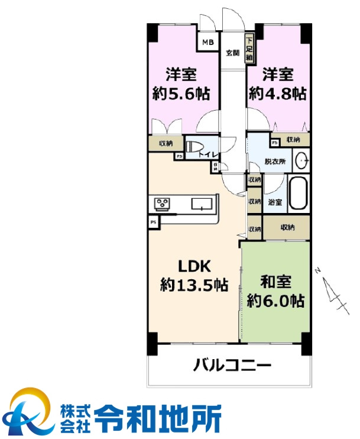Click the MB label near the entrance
tap(207, 42)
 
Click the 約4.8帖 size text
tap(277, 94)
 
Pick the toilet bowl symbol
tap(194, 146)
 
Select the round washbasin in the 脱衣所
tap(301, 160)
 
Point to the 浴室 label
tap(275, 202)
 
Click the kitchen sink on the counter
tap(202, 204)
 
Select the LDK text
tap(192, 265)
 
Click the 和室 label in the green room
tap(275, 281)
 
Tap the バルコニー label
tap(232, 365)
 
